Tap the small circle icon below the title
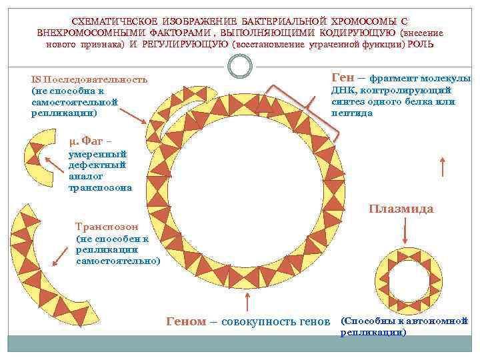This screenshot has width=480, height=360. [239, 65]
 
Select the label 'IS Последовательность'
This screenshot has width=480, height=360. [89, 79]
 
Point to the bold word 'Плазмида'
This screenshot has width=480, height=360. [401, 209]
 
